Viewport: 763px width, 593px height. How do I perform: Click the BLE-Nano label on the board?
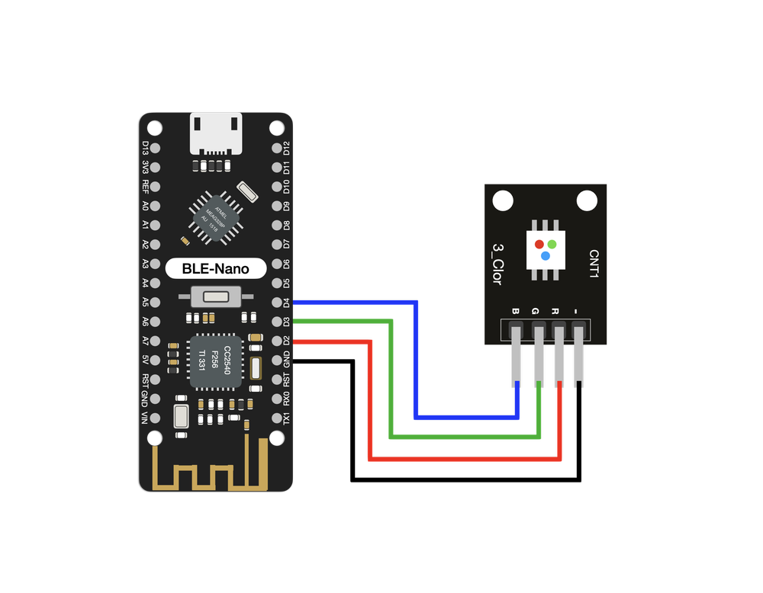[x=216, y=268]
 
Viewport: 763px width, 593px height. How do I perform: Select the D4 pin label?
[x=287, y=302]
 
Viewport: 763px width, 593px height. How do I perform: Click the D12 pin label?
[x=287, y=148]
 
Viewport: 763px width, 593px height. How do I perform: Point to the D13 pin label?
[x=145, y=148]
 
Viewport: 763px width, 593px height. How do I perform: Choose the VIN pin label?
[x=145, y=418]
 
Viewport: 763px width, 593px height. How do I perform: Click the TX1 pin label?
[x=287, y=418]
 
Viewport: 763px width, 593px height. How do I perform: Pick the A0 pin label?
[x=145, y=206]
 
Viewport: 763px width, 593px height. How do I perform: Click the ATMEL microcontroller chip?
[x=214, y=216]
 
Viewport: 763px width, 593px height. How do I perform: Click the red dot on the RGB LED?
[x=539, y=245]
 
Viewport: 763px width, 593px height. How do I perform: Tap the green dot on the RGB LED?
[x=552, y=245]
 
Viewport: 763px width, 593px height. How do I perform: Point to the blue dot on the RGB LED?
[x=546, y=256]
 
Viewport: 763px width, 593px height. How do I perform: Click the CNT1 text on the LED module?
[x=594, y=263]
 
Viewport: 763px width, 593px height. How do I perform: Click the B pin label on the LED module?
[x=516, y=311]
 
